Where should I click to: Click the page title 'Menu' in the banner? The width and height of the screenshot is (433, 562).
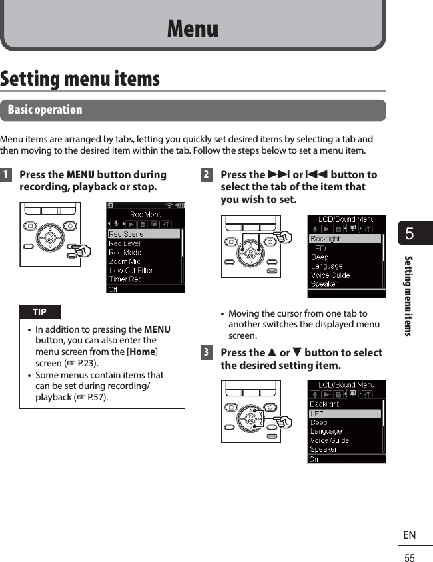tap(192, 29)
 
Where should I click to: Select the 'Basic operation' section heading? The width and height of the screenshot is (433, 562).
tap(45, 110)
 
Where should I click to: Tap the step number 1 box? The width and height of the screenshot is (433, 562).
tap(5, 175)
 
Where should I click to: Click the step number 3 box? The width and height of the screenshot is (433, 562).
tap(207, 353)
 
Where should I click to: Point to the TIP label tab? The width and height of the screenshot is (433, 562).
tap(39, 312)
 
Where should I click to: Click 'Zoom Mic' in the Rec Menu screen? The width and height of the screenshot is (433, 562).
tap(125, 261)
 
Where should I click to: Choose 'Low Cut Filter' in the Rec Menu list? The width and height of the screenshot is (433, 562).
tap(131, 271)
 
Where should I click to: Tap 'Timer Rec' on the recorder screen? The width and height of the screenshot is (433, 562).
tap(125, 279)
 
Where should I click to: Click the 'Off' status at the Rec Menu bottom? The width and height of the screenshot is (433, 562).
tap(115, 289)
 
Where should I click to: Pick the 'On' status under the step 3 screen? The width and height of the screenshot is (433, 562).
tap(314, 459)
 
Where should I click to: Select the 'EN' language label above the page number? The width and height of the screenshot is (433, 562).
tap(410, 535)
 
